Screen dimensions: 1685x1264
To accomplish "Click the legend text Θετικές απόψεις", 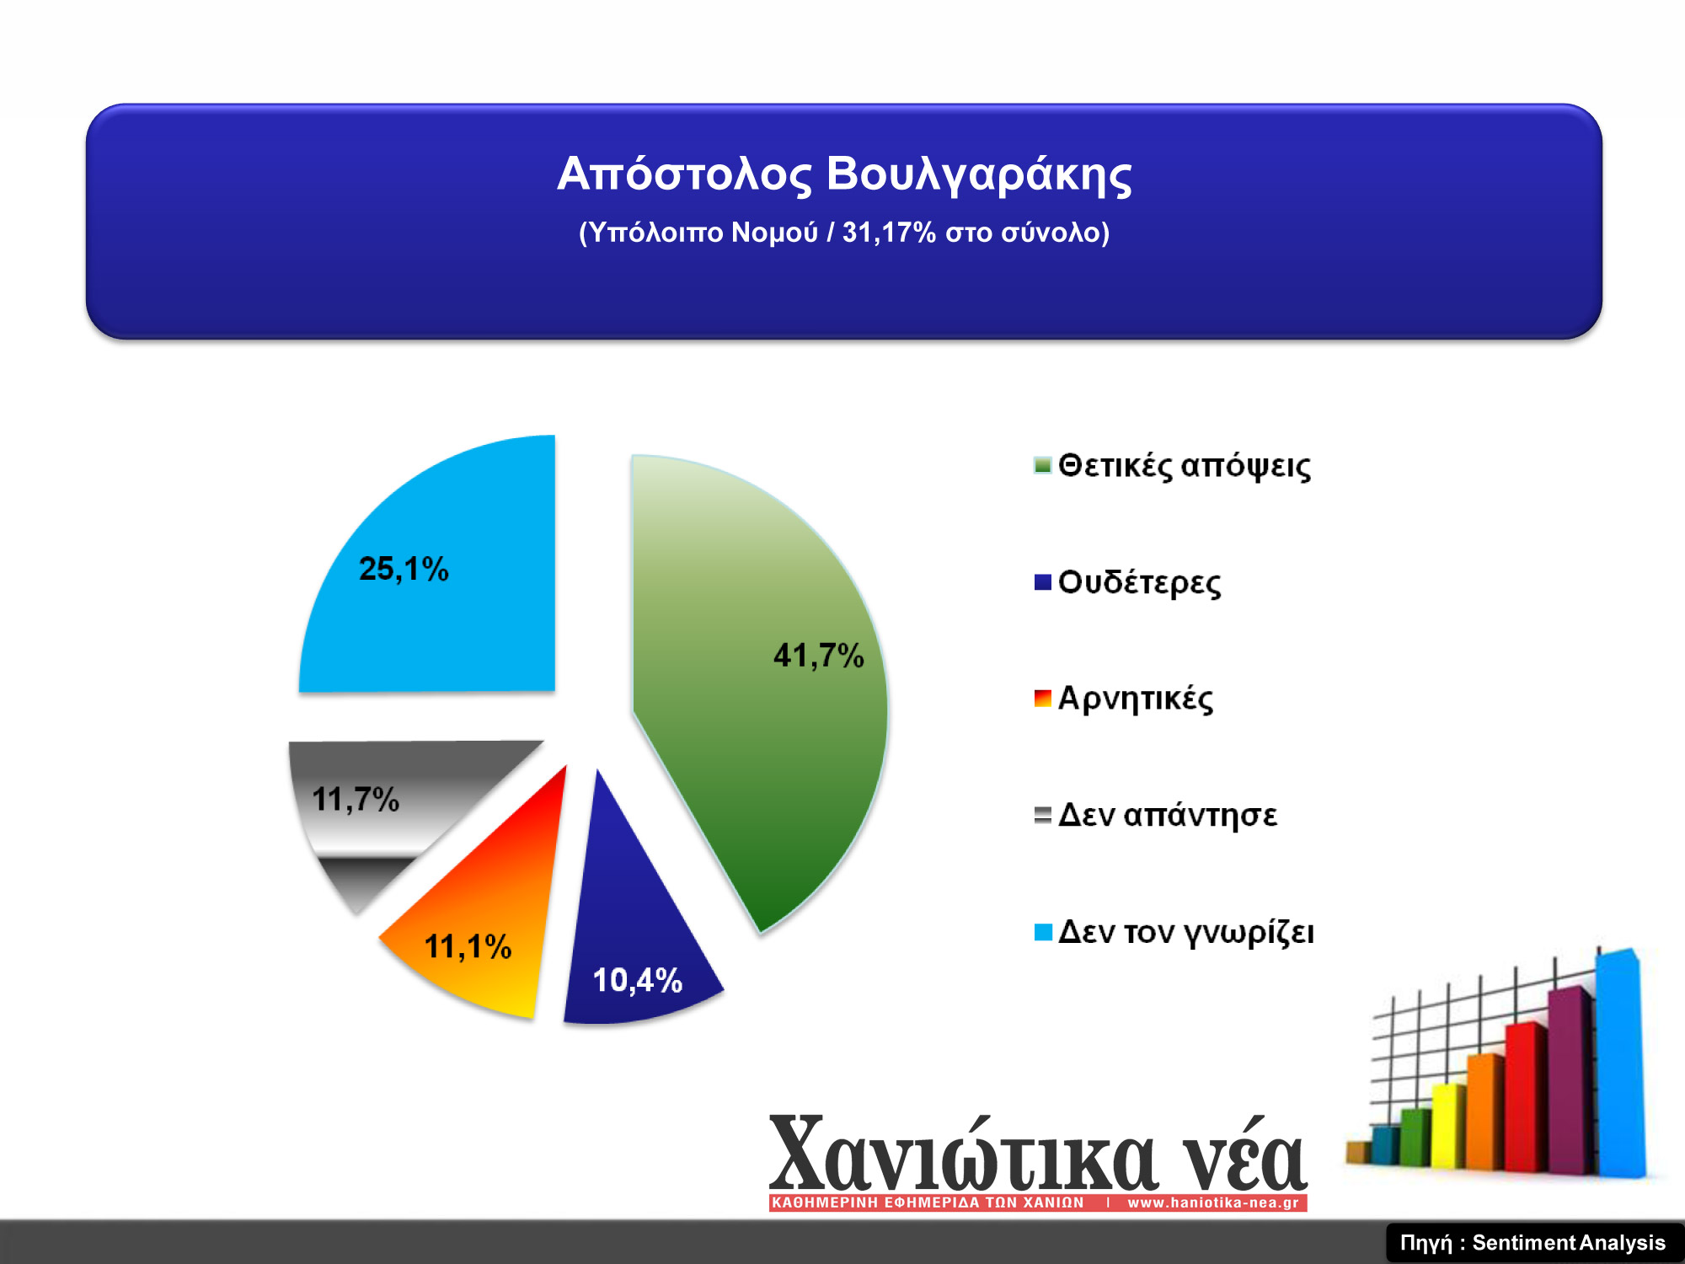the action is pyautogui.click(x=1185, y=466).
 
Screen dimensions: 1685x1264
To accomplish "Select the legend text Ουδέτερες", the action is pyautogui.click(x=1139, y=582).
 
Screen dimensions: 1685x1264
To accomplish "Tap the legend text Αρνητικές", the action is pyautogui.click(x=1136, y=699).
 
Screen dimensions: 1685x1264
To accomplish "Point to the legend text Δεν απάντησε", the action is pyautogui.click(x=1168, y=815).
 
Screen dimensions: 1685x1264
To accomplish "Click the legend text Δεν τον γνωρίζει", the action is pyautogui.click(x=1186, y=932).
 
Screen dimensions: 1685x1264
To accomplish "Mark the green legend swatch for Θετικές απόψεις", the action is pyautogui.click(x=1043, y=465).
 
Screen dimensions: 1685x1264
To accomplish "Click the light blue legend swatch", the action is pyautogui.click(x=1043, y=932).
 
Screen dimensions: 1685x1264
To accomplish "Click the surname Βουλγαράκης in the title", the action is pyautogui.click(x=979, y=174).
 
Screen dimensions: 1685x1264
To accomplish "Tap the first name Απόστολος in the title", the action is pyautogui.click(x=684, y=174).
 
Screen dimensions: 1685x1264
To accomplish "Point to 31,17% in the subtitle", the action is pyautogui.click(x=889, y=232).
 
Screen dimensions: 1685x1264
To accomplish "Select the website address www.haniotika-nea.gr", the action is pyautogui.click(x=1213, y=1202).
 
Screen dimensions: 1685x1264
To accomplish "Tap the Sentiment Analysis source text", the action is pyautogui.click(x=1569, y=1243).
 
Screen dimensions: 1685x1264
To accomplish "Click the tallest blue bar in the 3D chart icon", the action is pyautogui.click(x=1619, y=1062).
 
